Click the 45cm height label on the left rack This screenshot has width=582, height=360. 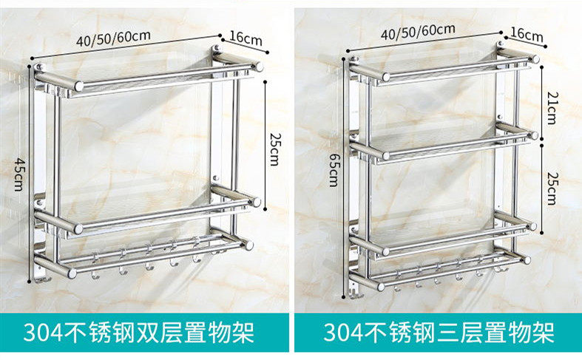coord(18,173)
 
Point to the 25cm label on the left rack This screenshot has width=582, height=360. coord(274,148)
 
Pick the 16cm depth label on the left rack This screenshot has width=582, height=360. coord(245,35)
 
